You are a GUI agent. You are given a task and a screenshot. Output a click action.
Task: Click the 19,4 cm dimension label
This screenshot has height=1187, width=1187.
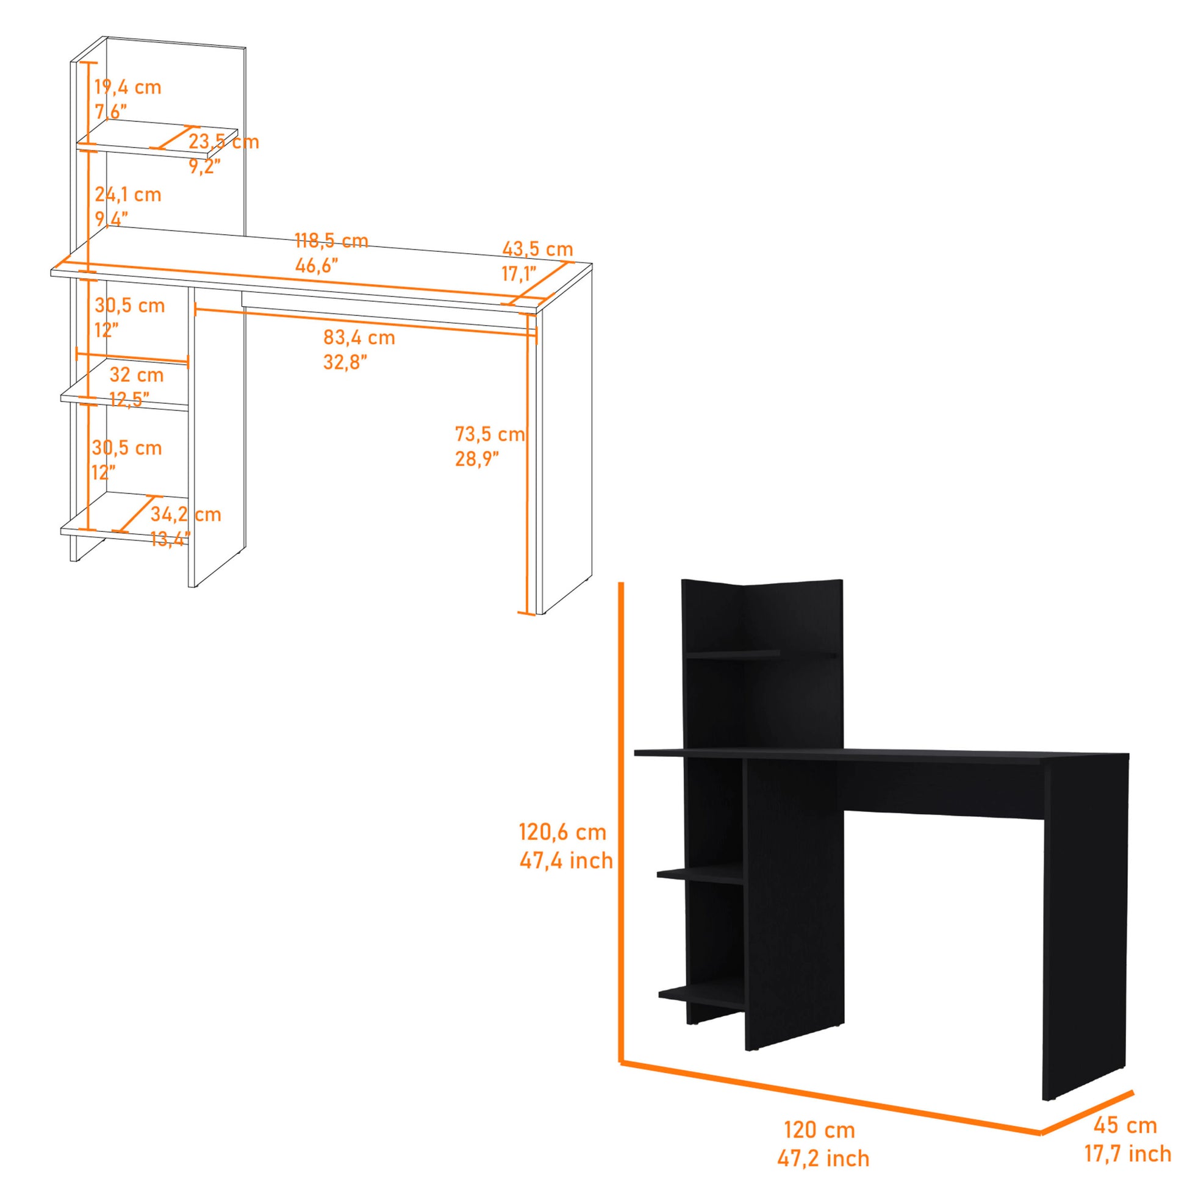pyautogui.click(x=128, y=87)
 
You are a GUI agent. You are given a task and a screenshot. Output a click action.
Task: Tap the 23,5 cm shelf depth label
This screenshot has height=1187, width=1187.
pyautogui.click(x=224, y=142)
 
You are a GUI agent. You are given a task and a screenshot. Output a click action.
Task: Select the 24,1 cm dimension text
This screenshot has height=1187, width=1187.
pyautogui.click(x=128, y=195)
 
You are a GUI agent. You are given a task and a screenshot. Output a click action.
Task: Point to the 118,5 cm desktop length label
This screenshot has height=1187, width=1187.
pyautogui.click(x=331, y=240)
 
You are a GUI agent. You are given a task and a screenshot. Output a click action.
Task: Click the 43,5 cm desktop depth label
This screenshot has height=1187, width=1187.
pyautogui.click(x=537, y=249)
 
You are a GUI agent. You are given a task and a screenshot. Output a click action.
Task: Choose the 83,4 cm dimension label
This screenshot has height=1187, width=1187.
pyautogui.click(x=359, y=337)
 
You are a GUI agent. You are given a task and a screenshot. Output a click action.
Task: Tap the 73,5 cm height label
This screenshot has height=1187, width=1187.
pyautogui.click(x=490, y=434)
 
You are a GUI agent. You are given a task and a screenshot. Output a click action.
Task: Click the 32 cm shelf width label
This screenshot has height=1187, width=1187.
pyautogui.click(x=137, y=374)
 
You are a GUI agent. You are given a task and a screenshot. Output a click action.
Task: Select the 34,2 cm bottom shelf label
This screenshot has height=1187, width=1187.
pyautogui.click(x=185, y=514)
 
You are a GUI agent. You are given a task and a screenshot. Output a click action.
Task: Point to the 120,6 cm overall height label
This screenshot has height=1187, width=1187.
pyautogui.click(x=562, y=833)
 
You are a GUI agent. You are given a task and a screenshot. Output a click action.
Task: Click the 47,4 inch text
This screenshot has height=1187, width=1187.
pyautogui.click(x=566, y=861)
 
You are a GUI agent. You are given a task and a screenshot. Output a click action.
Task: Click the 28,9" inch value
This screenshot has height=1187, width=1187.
pyautogui.click(x=477, y=459)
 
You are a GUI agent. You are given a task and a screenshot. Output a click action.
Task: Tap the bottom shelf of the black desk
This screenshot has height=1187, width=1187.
pyautogui.click(x=700, y=993)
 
